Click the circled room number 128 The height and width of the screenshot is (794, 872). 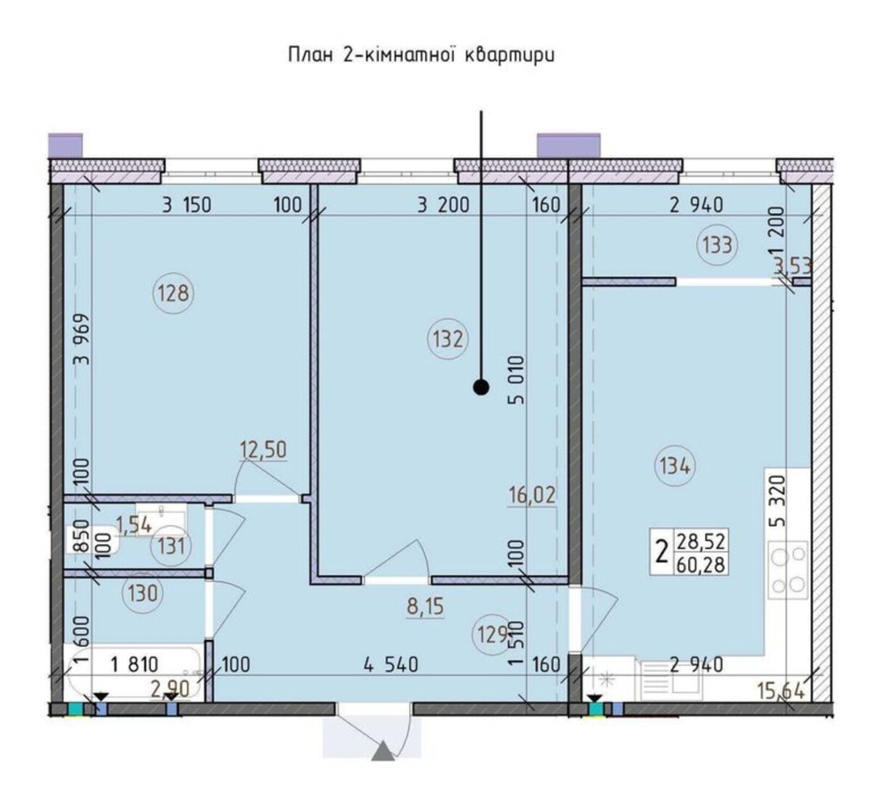click(x=173, y=293)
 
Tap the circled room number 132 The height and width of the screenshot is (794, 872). click(x=448, y=339)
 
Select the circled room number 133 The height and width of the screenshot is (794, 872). click(x=717, y=245)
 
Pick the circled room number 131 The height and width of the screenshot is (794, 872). click(x=171, y=545)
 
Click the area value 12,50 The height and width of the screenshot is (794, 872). click(x=263, y=450)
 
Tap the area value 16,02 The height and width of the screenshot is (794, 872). click(x=532, y=495)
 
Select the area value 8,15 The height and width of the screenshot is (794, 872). click(x=426, y=606)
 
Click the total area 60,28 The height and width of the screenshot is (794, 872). click(x=701, y=564)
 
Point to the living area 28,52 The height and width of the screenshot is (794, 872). click(x=701, y=542)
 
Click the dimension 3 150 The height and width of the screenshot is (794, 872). click(x=186, y=205)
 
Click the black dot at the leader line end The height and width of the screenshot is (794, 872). click(x=481, y=387)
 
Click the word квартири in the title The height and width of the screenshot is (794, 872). click(x=508, y=55)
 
